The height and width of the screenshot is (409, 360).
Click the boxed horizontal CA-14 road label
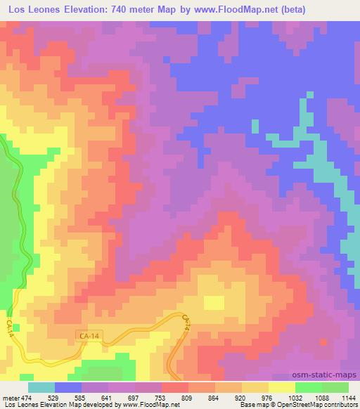pos(85,339)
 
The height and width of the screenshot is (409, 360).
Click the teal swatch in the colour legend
pos(41,387)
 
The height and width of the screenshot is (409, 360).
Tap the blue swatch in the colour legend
pos(68,387)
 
